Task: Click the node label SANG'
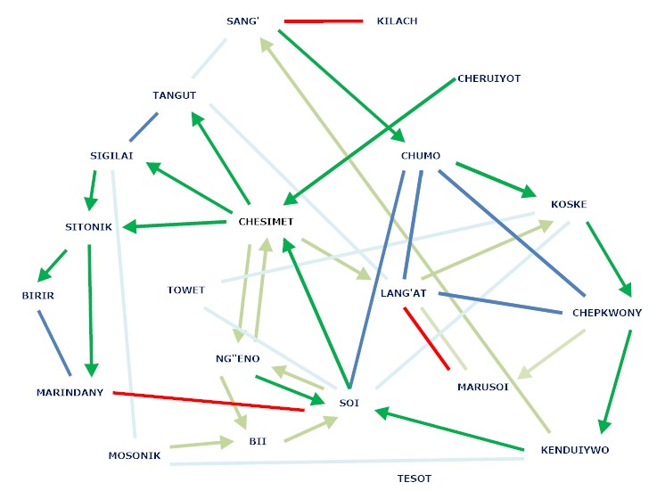point(242,20)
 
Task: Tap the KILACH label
point(397,20)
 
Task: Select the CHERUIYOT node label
point(488,78)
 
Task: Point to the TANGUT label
point(174,95)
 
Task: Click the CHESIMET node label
point(266,221)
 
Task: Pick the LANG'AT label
point(407,292)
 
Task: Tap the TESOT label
point(414,479)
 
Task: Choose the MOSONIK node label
point(135,455)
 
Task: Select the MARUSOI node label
point(482,387)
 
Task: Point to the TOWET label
point(185,290)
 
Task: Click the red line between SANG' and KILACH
point(323,20)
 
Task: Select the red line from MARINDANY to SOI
point(209,401)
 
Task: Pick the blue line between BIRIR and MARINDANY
point(55,343)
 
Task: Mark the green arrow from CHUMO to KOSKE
point(495,179)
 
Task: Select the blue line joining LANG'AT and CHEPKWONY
point(499,303)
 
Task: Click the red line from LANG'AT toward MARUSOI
point(426,338)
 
